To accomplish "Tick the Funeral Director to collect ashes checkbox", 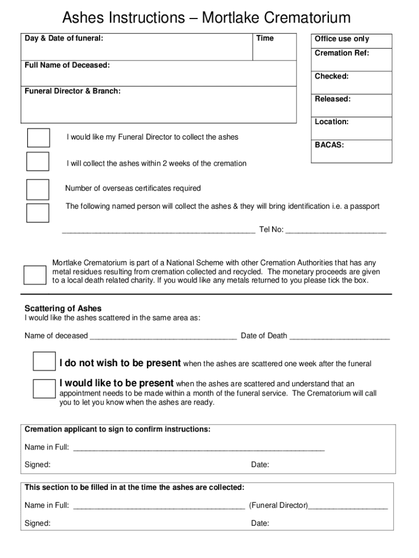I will tap(38, 138).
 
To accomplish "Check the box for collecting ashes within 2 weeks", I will tap(38, 162).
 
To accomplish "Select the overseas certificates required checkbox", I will tap(38, 189).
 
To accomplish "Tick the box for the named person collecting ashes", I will tap(38, 213).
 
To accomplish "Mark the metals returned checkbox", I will tap(35, 275).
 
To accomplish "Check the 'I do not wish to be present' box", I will tap(44, 361).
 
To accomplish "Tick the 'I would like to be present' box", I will tap(44, 388).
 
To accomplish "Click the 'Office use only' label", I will tap(342, 39).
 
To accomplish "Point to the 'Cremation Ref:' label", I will tap(342, 53).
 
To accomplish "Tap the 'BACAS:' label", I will tap(329, 145).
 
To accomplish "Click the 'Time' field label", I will tap(265, 38).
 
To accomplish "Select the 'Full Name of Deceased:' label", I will tap(67, 65).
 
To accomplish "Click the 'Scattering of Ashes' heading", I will tap(63, 308).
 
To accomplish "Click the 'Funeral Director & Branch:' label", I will tap(72, 91).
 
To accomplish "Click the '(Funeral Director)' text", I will tap(279, 505).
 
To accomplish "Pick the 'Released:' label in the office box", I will tap(332, 99).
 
